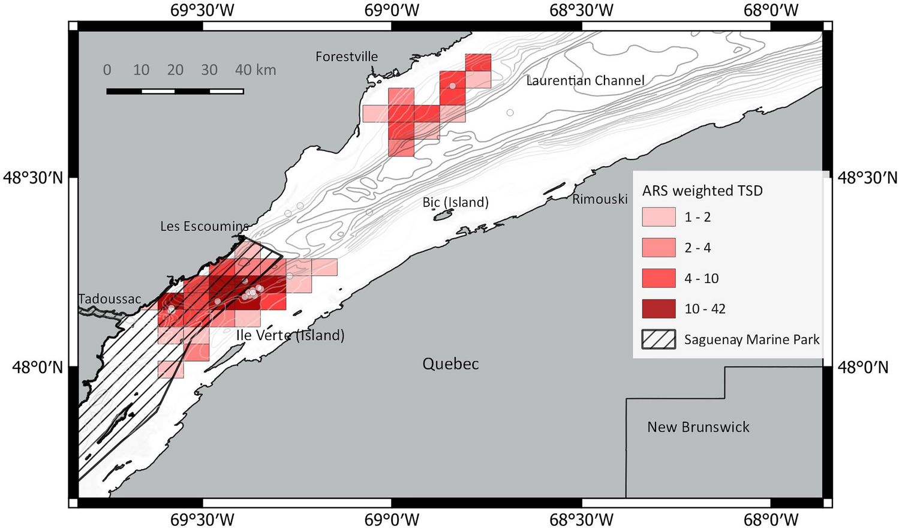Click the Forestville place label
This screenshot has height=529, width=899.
tap(347, 57)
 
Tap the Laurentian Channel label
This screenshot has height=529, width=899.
tap(585, 81)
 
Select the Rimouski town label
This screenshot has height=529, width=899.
tap(600, 199)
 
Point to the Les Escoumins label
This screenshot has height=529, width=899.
tap(205, 227)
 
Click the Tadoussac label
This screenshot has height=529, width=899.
tap(110, 299)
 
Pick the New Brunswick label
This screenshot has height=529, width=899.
tap(698, 427)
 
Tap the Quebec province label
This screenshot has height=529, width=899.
tap(450, 364)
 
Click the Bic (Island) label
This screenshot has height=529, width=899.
tap(455, 203)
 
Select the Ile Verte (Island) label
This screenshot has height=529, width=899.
tap(290, 335)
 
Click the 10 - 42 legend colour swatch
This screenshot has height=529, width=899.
tap(659, 309)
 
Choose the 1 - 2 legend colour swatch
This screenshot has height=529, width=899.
tap(659, 217)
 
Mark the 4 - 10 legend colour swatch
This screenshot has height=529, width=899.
tap(659, 278)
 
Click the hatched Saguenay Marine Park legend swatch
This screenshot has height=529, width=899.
tap(659, 339)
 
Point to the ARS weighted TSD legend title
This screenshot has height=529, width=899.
tap(702, 191)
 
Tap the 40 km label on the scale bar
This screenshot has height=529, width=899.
tap(255, 70)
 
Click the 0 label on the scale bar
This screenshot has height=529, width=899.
tap(107, 70)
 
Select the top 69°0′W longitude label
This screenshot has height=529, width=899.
tap(392, 10)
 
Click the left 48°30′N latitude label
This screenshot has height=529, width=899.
tap(33, 178)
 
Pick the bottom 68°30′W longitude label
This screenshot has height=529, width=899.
tap(582, 519)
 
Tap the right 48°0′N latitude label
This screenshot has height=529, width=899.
tap(863, 367)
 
